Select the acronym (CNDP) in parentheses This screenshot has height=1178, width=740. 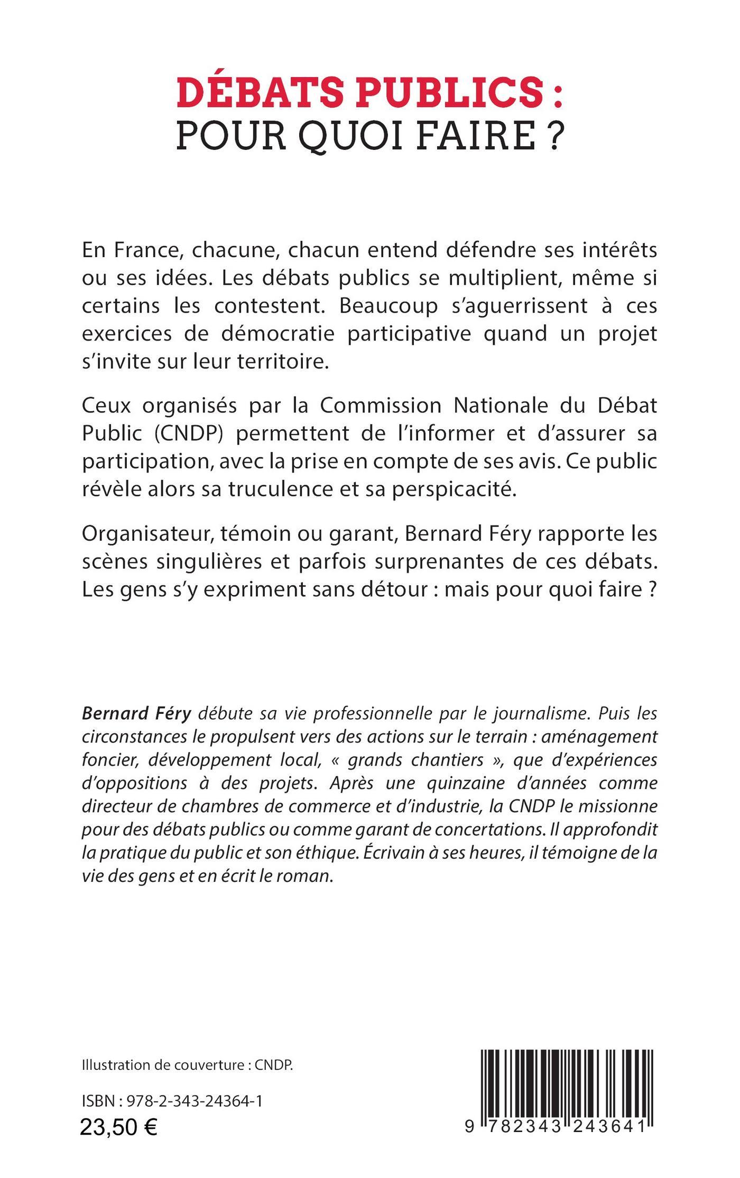tap(189, 433)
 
